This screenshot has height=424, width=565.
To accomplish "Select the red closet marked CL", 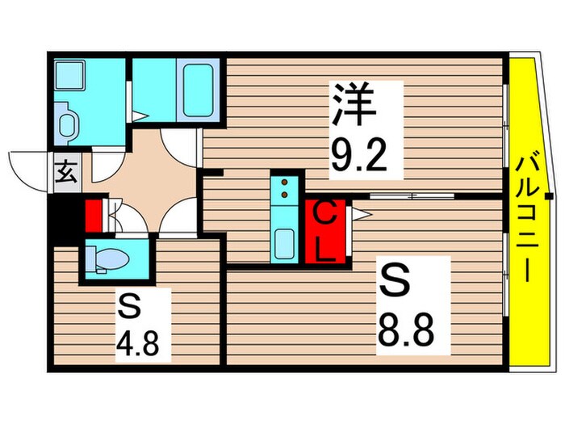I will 325,230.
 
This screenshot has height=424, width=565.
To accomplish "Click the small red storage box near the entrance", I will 94,216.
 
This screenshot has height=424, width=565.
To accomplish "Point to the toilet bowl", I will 110,258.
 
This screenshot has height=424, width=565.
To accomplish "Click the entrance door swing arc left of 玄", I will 24,168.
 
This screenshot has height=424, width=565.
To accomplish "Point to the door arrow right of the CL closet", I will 359,214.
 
